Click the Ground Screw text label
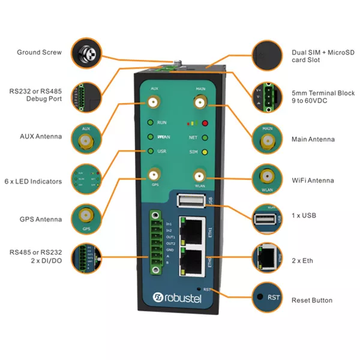click(x=39, y=52)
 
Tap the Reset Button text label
click(x=312, y=300)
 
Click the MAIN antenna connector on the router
click(x=200, y=103)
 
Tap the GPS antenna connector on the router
click(x=155, y=175)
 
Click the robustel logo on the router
click(x=180, y=296)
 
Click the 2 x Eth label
click(x=302, y=261)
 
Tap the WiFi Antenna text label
click(x=313, y=180)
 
